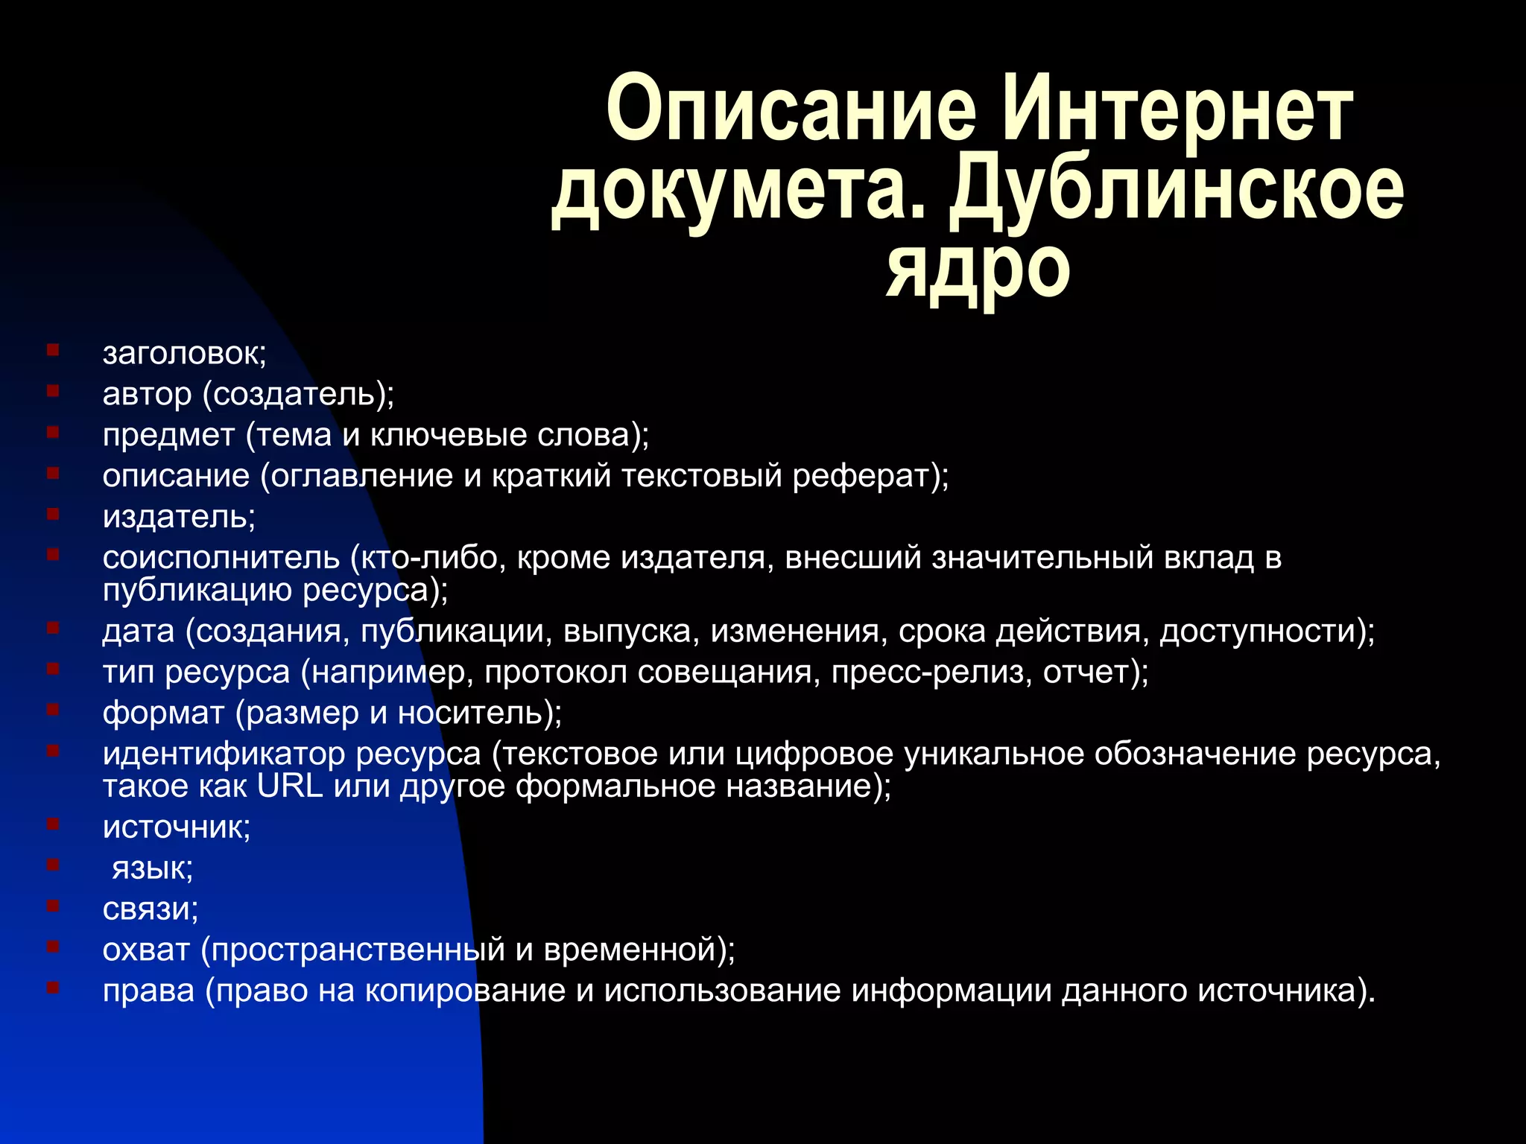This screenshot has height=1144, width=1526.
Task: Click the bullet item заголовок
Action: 184,354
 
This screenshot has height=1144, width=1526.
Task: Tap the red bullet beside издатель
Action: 53,514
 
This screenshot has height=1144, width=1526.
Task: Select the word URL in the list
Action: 290,786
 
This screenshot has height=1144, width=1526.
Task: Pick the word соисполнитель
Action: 221,558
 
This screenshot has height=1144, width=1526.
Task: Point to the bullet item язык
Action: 152,868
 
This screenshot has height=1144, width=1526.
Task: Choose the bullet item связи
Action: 151,909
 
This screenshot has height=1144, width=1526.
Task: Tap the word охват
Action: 146,950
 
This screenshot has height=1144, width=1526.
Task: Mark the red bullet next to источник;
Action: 53,824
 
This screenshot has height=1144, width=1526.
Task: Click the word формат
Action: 163,714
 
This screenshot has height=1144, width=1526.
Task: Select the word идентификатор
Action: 224,754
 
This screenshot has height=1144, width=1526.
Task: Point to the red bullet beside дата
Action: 53,629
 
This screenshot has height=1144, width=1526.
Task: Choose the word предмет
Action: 168,435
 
